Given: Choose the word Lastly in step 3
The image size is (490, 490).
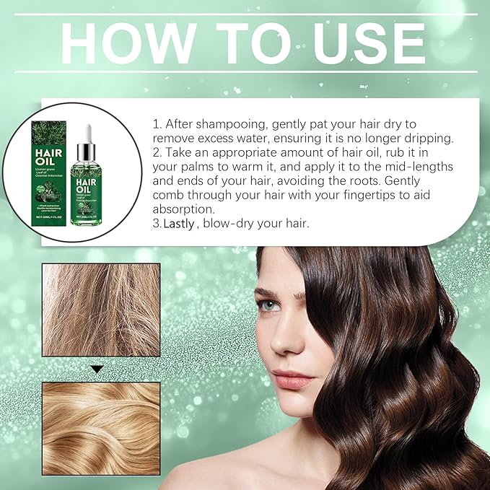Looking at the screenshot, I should coord(179,224).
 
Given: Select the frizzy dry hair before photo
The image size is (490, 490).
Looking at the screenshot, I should coord(100,310).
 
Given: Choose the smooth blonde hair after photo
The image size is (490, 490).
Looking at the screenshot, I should coord(100,426).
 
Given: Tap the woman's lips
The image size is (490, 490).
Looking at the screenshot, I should coord(293,378).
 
